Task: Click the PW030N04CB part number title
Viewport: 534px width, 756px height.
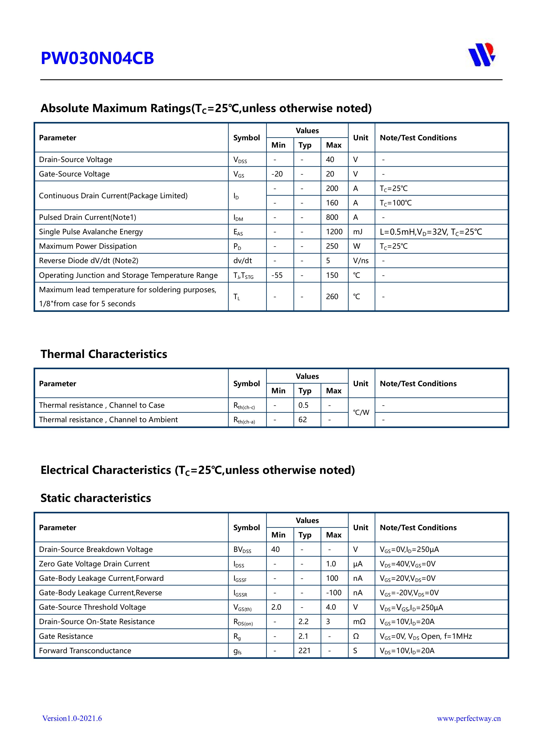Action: point(97,58)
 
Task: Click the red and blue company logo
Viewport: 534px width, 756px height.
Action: point(482,55)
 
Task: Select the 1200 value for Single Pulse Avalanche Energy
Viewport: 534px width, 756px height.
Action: point(334,232)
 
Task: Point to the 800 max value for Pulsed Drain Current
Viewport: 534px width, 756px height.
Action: point(332,217)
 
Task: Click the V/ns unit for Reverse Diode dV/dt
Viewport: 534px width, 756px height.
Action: point(361,261)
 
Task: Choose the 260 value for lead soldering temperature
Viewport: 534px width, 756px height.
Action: point(332,297)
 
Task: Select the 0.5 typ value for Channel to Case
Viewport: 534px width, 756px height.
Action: point(303,405)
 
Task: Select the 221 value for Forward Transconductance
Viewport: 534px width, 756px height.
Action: point(304,651)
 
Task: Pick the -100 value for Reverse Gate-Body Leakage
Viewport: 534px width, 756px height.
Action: point(334,593)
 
